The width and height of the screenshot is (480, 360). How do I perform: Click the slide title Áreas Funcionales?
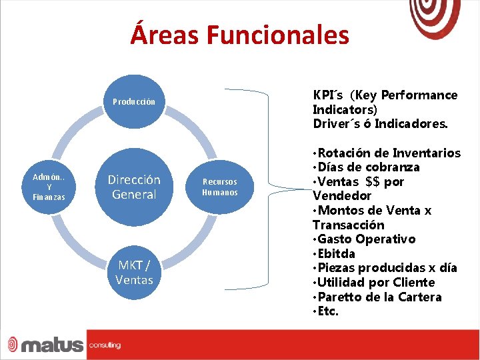(x=239, y=35)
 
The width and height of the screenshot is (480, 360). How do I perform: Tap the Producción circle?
(x=133, y=102)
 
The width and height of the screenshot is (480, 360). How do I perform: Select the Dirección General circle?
(x=134, y=187)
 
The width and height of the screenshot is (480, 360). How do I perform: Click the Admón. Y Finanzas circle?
(x=49, y=187)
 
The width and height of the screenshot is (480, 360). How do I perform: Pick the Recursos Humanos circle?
(x=219, y=187)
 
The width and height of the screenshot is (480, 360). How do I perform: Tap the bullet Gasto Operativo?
(x=366, y=239)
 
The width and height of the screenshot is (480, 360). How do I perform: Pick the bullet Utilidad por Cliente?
(x=375, y=283)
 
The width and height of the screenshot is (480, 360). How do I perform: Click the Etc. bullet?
(x=327, y=311)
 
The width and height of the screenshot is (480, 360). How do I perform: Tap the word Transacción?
(x=349, y=225)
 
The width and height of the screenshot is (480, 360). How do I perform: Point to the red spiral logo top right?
(x=435, y=17)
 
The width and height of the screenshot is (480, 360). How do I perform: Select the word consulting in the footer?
(x=105, y=345)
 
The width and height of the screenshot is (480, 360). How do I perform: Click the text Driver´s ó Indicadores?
(x=381, y=124)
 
